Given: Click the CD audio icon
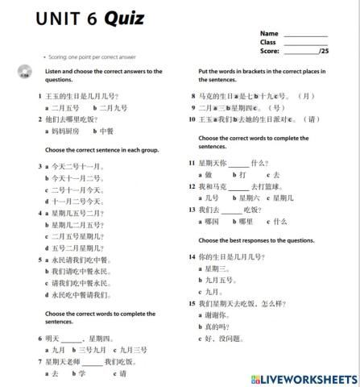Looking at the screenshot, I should click(x=23, y=74).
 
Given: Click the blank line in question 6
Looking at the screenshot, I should click(x=72, y=339).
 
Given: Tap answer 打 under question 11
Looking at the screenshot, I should click(x=242, y=174).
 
